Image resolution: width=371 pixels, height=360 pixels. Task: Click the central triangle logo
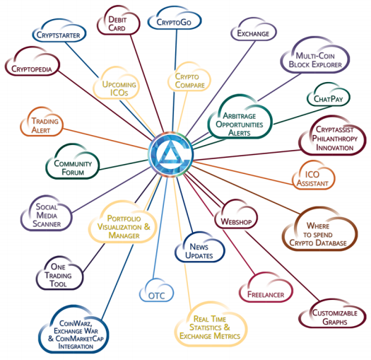point(171,154)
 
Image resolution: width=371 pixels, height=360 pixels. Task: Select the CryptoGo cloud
point(175,19)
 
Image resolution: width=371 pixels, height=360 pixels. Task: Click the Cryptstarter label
point(58,35)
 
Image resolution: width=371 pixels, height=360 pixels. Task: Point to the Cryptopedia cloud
point(33,62)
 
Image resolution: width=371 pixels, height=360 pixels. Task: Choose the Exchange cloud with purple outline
point(254,30)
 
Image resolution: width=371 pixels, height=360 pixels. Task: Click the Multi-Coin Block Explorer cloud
point(315,56)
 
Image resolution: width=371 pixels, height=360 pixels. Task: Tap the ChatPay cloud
point(328,95)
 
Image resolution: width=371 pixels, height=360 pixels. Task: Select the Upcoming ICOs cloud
point(117,84)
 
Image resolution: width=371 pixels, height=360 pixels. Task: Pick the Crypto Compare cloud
point(189,77)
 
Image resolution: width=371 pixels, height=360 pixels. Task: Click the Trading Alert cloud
point(42,122)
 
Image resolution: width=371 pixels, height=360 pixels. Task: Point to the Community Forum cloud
point(73,162)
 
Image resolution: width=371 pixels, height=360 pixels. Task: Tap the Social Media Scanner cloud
point(47,214)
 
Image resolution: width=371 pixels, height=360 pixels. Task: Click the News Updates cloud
point(200,248)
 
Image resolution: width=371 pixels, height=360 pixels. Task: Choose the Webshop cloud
point(236,215)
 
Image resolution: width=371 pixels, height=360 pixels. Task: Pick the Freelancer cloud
point(266,288)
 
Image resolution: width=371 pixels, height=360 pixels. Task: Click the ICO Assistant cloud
point(314,175)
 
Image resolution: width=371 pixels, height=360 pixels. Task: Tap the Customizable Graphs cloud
point(332,314)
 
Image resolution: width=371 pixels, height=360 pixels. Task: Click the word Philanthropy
point(334,139)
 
